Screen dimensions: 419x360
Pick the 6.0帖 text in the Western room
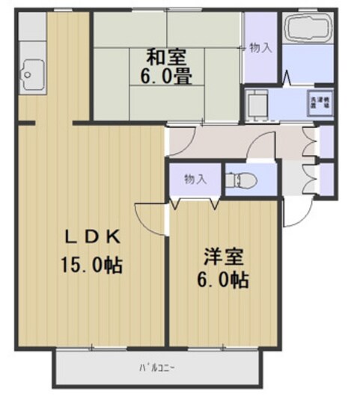(x=224, y=281)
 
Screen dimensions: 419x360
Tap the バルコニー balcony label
(x=157, y=367)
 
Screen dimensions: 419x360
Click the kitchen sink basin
(x=31, y=73)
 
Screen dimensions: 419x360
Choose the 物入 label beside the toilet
(x=195, y=179)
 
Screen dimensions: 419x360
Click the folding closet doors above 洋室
(x=195, y=202)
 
